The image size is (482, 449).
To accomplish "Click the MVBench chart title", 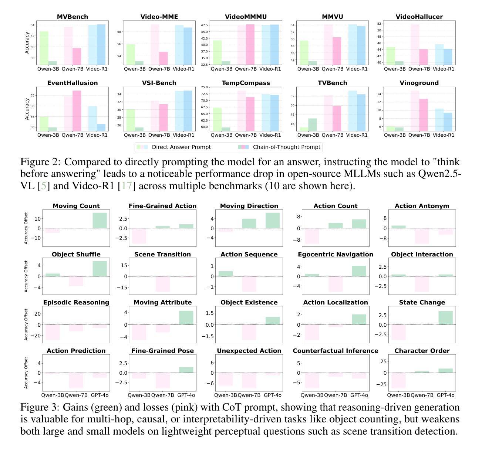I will point(73,17).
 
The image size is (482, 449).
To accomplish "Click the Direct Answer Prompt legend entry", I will point(181,147).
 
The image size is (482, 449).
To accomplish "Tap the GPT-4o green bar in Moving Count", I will point(100,221).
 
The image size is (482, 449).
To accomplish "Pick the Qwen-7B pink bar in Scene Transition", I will point(162,284).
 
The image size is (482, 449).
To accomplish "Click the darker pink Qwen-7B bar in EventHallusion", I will point(77,110).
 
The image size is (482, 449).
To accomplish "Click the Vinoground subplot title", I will point(419,83).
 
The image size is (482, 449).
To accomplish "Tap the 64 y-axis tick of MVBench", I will point(33,25).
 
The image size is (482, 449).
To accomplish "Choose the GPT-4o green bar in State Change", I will point(445,318).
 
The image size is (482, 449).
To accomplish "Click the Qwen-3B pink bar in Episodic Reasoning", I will point(53,332).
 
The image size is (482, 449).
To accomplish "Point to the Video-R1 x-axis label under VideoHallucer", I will point(443,69).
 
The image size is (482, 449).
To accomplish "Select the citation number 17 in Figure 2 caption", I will point(127,186).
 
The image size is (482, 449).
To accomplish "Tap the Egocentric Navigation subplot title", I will point(336,254).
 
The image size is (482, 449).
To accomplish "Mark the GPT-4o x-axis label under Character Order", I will point(445,395).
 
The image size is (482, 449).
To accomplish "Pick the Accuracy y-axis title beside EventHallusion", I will point(27,109).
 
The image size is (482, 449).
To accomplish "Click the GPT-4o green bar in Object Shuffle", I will point(100,269).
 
